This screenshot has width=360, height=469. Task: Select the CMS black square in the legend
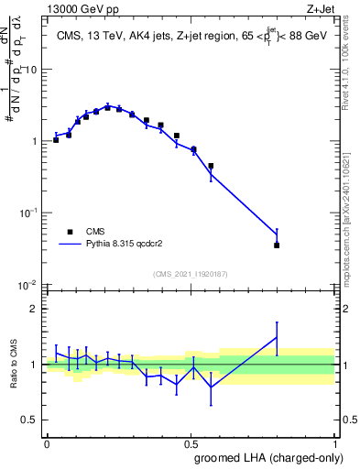coord(70,233)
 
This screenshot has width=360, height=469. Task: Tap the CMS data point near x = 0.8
coord(277,245)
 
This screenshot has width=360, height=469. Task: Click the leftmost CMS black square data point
coord(56,140)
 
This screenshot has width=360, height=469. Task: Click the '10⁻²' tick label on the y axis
coord(28,285)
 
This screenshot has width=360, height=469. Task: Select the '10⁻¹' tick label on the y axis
coord(28,213)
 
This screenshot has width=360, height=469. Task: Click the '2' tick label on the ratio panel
coord(34,309)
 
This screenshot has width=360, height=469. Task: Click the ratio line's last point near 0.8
coord(277,337)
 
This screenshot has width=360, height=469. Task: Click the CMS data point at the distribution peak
coord(108,107)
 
